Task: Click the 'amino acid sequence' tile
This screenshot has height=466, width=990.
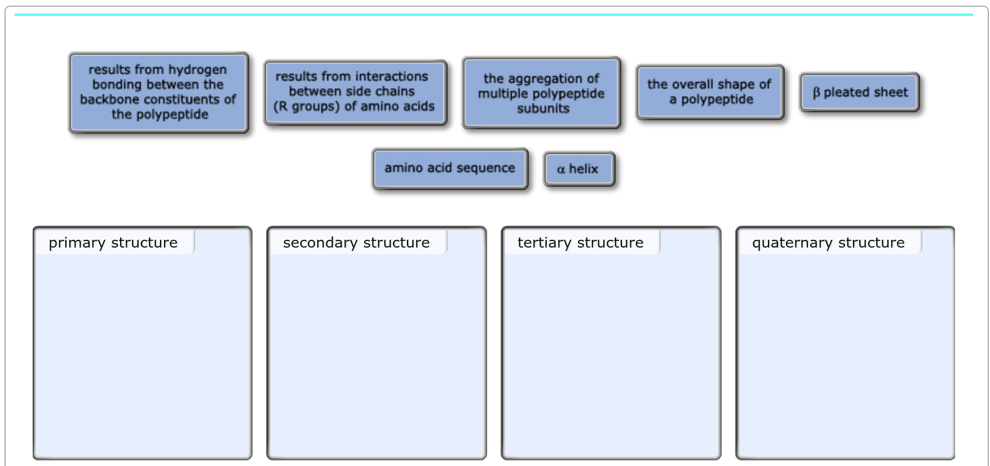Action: point(450,168)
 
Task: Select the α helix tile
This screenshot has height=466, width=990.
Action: point(578,169)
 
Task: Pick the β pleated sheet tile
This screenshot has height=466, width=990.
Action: point(859,92)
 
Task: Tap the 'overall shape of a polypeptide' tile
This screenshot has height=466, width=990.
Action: point(709,92)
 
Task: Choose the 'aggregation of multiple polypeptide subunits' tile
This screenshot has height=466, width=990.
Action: point(541,93)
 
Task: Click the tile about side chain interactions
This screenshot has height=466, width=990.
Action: point(355,92)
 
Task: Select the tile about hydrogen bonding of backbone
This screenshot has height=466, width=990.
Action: point(158,93)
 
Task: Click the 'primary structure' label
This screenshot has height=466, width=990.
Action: point(113,243)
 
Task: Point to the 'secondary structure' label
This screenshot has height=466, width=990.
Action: point(356,243)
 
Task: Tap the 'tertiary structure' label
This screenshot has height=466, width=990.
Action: point(581,243)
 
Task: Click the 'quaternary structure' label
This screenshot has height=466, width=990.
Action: point(828,243)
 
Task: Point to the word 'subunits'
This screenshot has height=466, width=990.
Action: point(543,108)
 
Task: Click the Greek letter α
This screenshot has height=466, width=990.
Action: point(561,169)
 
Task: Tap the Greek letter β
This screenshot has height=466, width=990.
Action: point(816,93)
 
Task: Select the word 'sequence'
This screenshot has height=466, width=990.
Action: point(485,169)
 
